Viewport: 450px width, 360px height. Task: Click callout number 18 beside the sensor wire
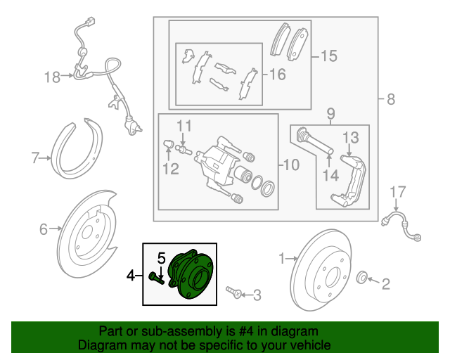point(53,77)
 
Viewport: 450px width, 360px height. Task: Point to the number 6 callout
point(43,228)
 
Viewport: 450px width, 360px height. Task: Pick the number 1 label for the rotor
point(283,259)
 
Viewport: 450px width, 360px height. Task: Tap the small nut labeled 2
point(363,276)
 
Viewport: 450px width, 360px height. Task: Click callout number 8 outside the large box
point(391,100)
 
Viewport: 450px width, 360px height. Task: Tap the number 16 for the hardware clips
point(278,74)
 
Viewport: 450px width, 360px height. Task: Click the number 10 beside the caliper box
point(290,166)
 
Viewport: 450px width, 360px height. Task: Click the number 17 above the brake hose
point(398,191)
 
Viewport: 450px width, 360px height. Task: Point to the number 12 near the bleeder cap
point(171,168)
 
